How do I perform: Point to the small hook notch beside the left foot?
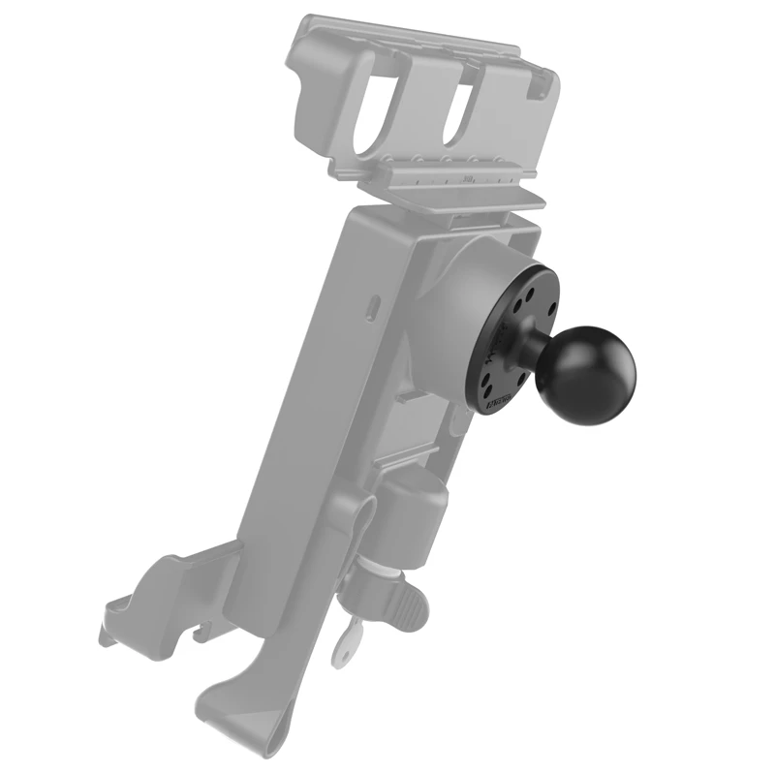pos(200,634)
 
